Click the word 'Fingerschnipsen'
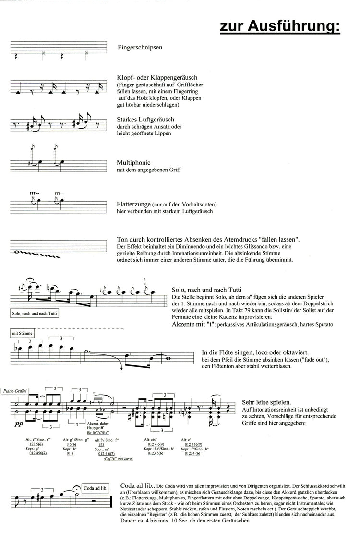(x=139, y=48)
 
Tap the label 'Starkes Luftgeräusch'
(x=145, y=119)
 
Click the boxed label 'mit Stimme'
(x=20, y=332)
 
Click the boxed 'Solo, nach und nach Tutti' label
(x=33, y=313)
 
